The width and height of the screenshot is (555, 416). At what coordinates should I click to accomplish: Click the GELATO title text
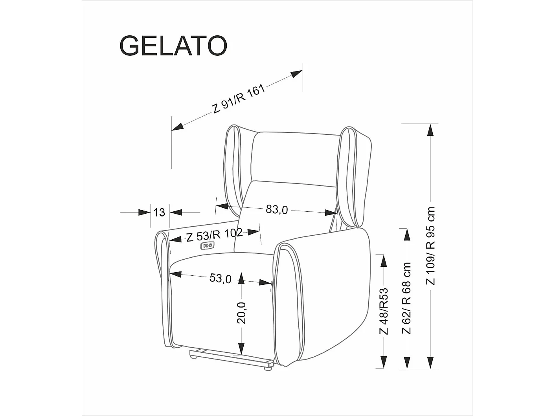point(173,46)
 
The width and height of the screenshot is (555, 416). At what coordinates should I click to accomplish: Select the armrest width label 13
point(159,213)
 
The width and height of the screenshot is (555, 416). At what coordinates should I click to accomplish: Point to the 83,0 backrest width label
point(277,210)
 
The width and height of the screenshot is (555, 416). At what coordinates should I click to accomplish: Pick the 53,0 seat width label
point(220,278)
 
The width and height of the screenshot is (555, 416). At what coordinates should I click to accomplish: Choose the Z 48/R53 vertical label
point(384,311)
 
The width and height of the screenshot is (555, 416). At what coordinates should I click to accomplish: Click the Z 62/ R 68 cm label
point(406,298)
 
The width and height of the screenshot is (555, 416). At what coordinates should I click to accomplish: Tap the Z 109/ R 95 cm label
point(431,246)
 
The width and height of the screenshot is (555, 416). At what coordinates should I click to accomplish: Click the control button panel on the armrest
point(207,246)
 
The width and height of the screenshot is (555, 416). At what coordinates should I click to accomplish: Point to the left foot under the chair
point(193,356)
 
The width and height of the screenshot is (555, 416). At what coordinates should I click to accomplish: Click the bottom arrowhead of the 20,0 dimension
point(241,348)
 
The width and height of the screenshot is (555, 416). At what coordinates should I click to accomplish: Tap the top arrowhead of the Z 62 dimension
point(406,235)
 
